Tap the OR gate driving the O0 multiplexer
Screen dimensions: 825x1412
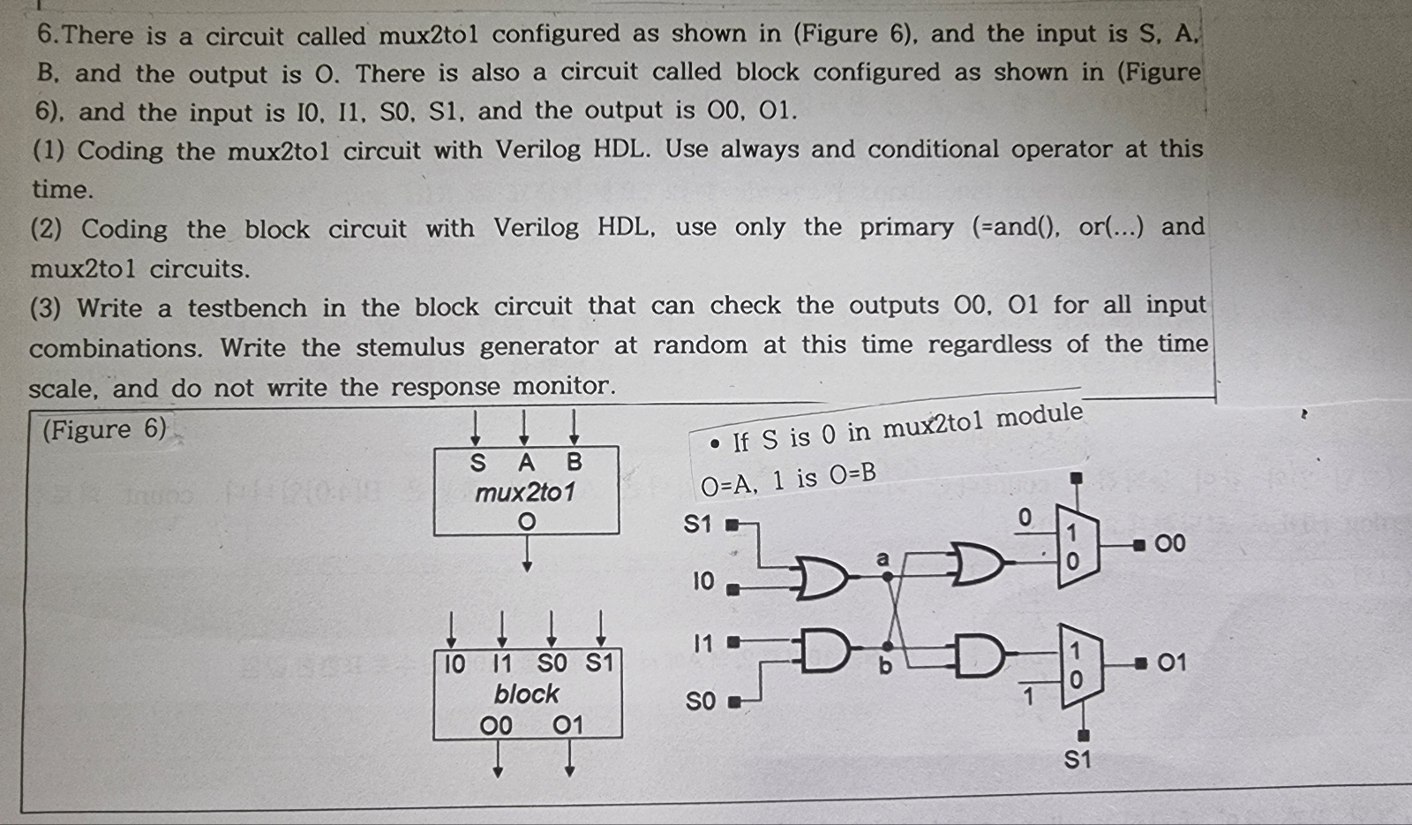click(x=976, y=564)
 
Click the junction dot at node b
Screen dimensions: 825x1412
click(x=888, y=646)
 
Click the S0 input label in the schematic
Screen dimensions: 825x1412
click(x=701, y=701)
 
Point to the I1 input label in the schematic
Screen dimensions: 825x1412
click(x=702, y=643)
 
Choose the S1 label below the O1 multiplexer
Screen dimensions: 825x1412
click(x=1077, y=760)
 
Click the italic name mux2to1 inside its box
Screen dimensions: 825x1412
click(x=525, y=492)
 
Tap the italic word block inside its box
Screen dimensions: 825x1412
click(x=526, y=694)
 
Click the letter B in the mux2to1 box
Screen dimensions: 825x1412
click(x=575, y=462)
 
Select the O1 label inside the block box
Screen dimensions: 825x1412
click(x=568, y=725)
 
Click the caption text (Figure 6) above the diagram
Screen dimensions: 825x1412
click(x=104, y=430)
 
